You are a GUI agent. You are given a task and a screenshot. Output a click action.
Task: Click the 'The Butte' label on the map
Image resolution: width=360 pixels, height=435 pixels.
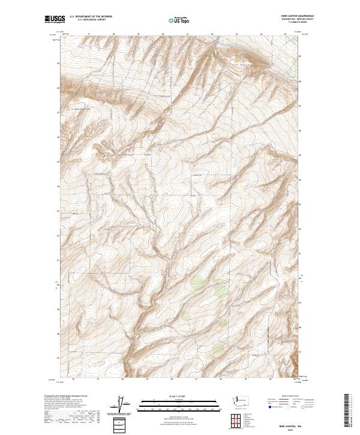(x=239, y=51)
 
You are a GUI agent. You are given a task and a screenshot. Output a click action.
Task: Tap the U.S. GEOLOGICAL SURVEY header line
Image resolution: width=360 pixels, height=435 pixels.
(x=90, y=21)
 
